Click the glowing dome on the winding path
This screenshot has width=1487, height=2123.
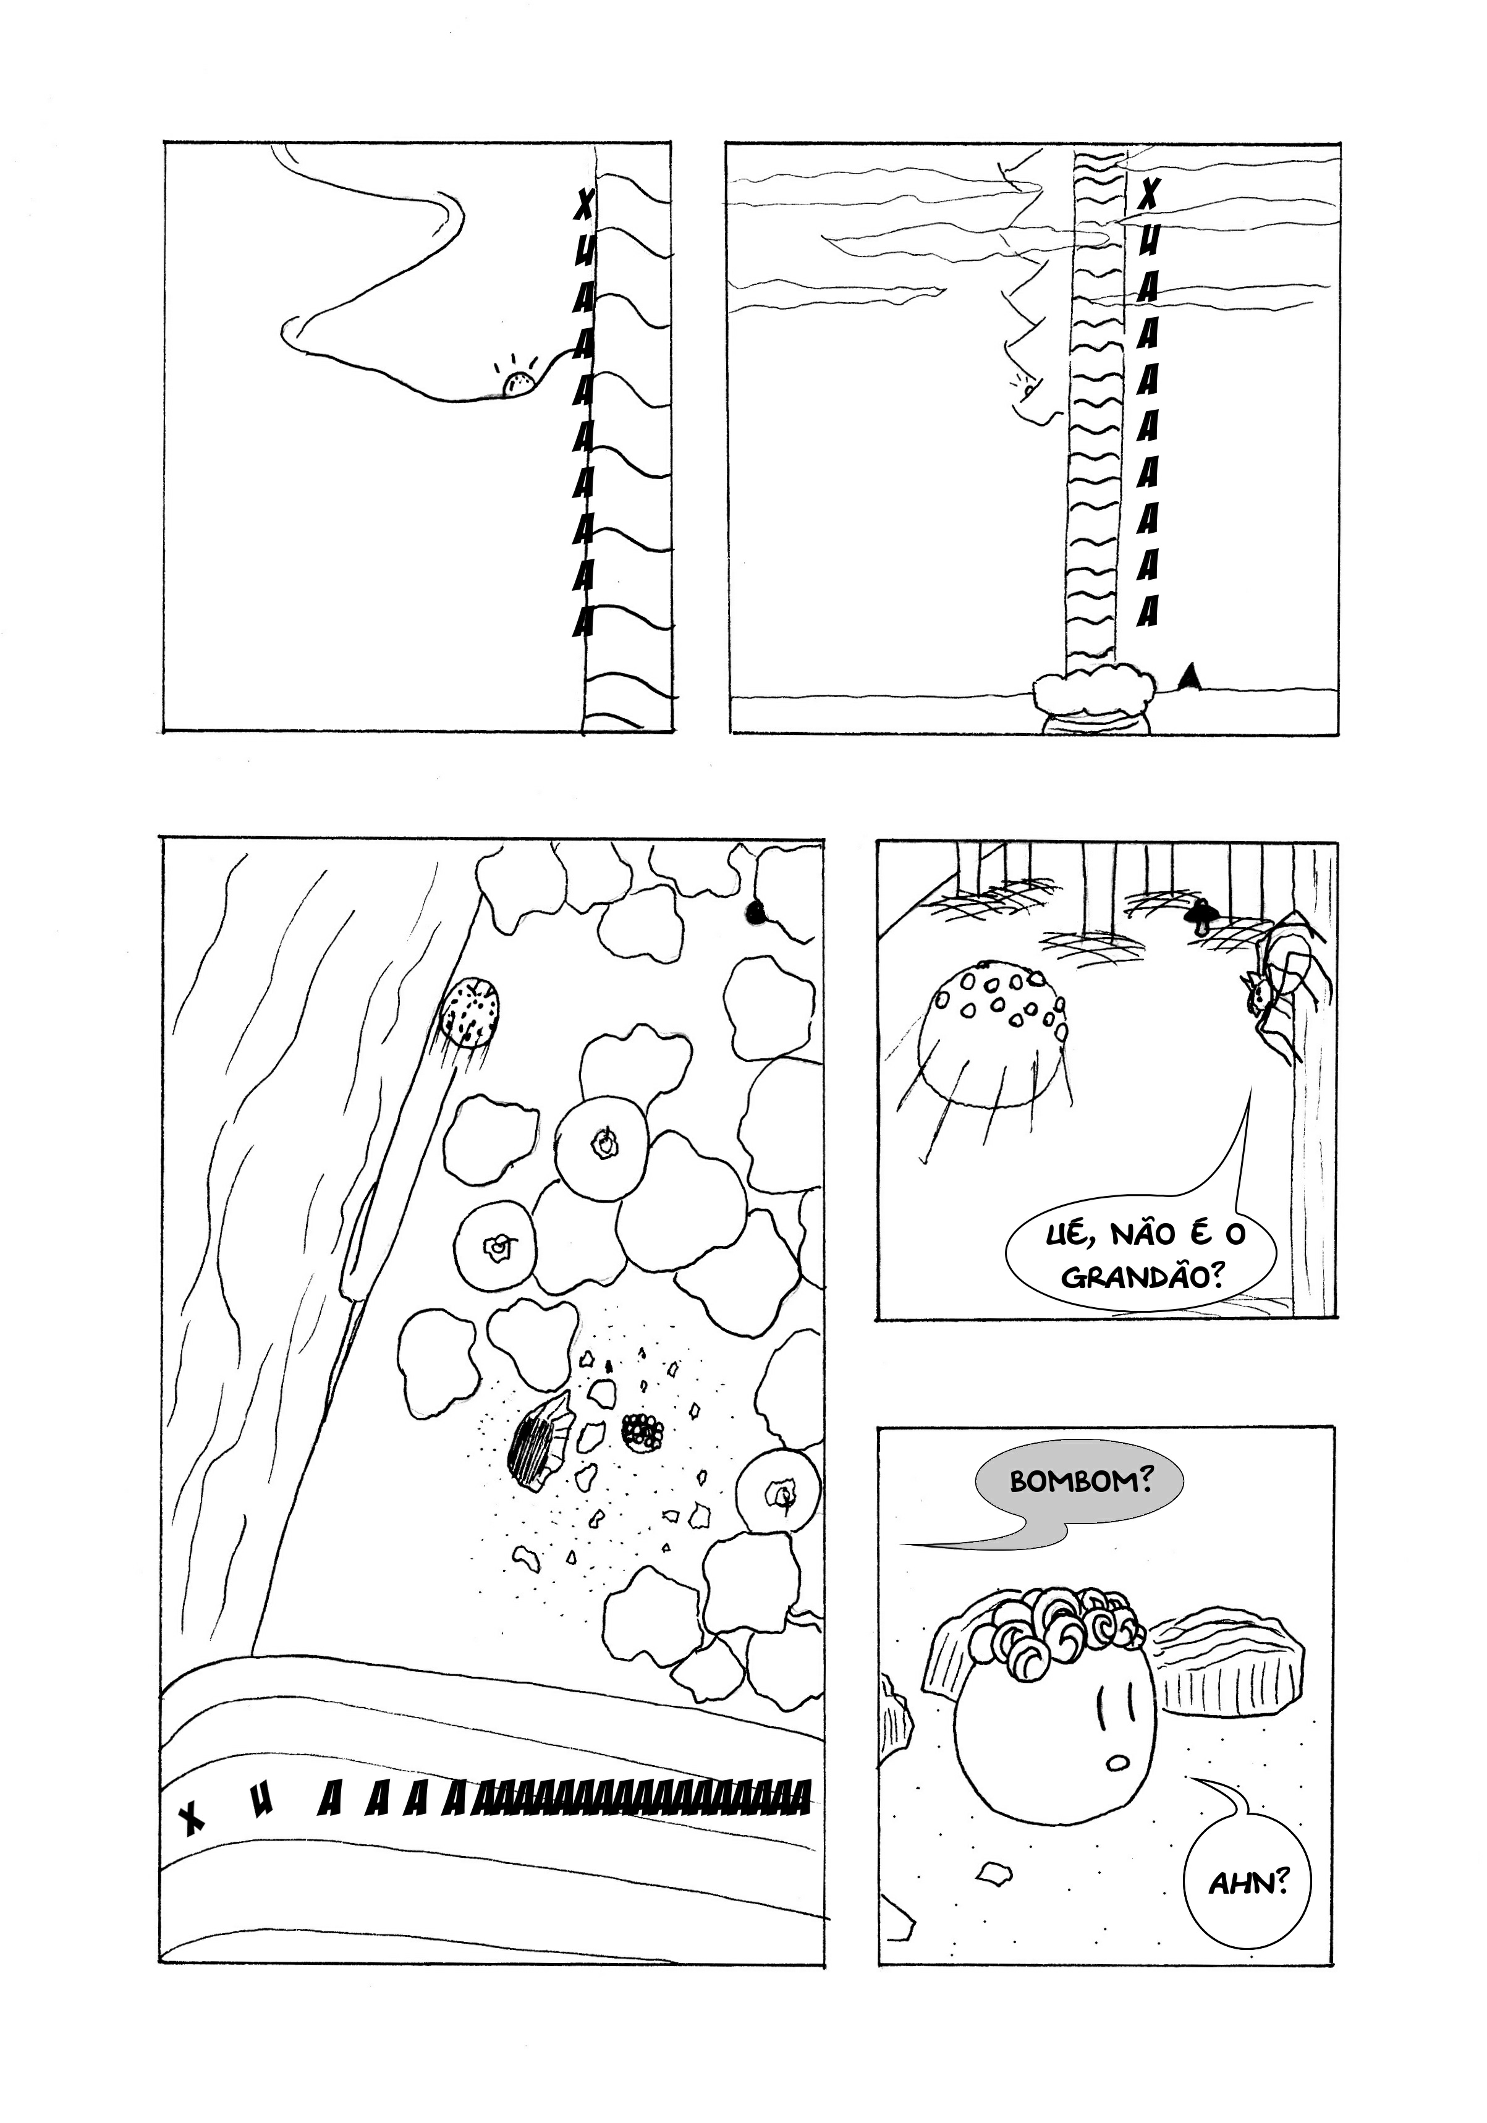coord(519,384)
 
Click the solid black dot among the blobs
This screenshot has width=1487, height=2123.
coord(756,913)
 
